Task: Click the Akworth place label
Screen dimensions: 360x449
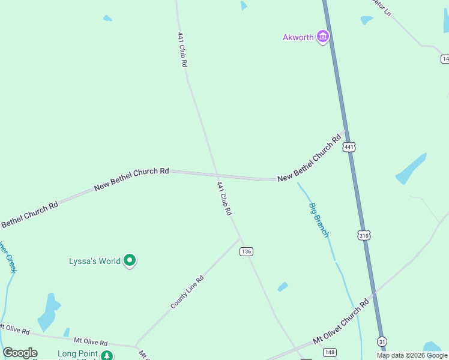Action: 298,37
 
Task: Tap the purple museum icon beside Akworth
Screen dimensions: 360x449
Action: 323,37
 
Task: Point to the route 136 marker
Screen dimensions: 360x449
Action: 246,251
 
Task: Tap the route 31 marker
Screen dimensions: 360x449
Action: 382,341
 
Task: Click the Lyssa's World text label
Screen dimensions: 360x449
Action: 95,261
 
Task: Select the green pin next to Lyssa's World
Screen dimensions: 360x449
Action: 130,261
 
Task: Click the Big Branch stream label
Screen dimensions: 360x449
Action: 319,220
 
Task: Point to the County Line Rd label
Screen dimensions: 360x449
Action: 187,292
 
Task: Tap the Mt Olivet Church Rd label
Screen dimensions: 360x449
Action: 340,323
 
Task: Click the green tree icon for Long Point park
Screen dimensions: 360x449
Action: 106,355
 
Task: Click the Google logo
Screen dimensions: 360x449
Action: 20,353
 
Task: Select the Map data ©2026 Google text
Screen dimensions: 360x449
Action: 412,355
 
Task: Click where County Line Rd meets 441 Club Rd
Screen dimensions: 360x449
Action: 241,239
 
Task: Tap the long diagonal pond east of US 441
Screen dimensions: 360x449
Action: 411,169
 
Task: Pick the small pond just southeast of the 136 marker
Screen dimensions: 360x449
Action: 283,287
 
